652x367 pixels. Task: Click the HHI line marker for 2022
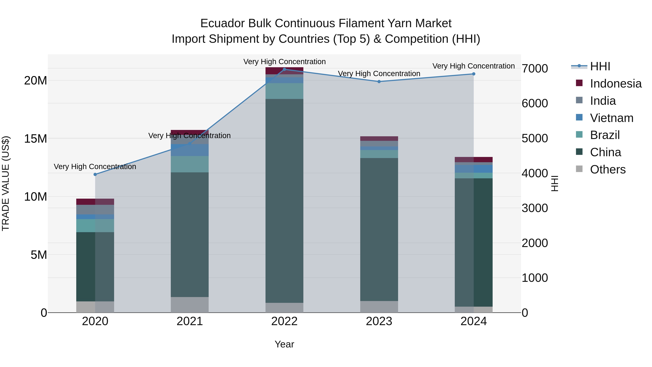click(284, 69)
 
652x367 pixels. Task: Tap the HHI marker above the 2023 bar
click(379, 82)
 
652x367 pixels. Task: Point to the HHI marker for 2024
click(474, 74)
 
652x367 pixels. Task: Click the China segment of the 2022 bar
click(284, 200)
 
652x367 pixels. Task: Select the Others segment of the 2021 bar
click(190, 304)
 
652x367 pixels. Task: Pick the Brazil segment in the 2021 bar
click(190, 164)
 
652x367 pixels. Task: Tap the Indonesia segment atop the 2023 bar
click(379, 138)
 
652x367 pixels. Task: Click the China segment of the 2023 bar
click(379, 229)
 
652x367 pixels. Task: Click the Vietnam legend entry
click(611, 118)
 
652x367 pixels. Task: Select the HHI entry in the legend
click(600, 66)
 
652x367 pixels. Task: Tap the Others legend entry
click(607, 169)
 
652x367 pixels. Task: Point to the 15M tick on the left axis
click(35, 139)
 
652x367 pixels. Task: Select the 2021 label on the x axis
click(190, 321)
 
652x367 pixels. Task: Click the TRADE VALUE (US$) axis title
click(6, 183)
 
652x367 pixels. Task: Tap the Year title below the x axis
click(284, 344)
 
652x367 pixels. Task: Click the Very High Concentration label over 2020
click(95, 167)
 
